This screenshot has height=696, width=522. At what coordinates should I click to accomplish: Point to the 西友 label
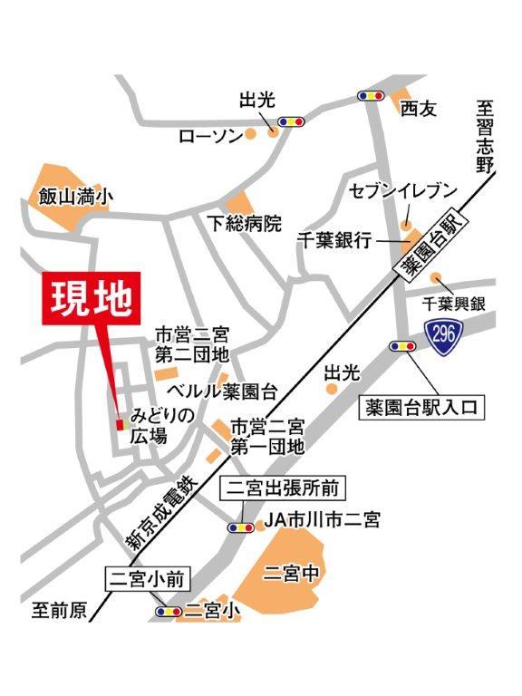(x=419, y=109)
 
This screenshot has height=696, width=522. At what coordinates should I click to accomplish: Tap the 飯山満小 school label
(x=76, y=195)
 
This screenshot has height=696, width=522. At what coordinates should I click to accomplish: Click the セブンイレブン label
(x=403, y=192)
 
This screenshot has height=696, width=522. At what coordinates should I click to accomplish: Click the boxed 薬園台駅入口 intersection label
(x=422, y=408)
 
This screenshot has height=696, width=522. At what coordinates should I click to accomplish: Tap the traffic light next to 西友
(x=372, y=95)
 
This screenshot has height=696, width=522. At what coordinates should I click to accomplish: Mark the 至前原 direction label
(x=55, y=612)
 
